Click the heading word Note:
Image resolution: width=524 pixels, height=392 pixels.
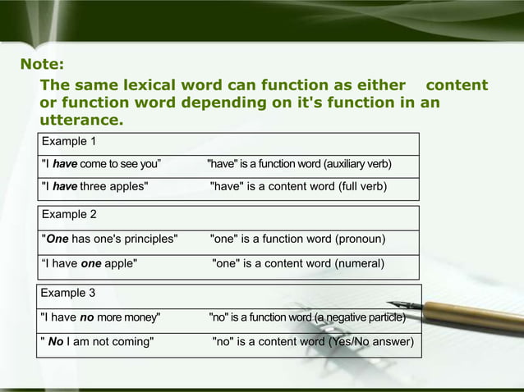coord(42,64)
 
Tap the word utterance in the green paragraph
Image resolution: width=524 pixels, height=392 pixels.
coord(81,120)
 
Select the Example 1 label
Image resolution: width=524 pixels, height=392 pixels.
coord(69,141)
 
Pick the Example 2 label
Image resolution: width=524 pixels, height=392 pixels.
coord(69,215)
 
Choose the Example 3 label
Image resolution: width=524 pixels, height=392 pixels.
coord(68,292)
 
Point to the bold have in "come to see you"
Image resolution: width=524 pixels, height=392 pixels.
coord(65,164)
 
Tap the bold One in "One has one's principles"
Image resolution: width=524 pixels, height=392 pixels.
coord(57,239)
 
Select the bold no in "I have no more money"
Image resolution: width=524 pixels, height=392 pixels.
coord(86,317)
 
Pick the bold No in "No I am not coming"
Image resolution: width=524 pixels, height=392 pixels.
coord(56,341)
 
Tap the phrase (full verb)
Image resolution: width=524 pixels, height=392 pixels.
coord(361,186)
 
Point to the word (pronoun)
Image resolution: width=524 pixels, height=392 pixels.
coord(360,239)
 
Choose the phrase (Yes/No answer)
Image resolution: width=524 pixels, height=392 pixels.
coord(370,341)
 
